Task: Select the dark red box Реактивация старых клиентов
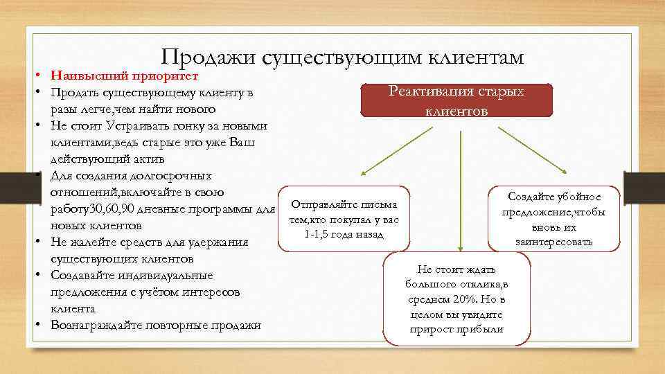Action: pyautogui.click(x=456, y=101)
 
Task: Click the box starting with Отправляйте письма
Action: pyautogui.click(x=344, y=218)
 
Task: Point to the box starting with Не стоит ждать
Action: pyautogui.click(x=456, y=298)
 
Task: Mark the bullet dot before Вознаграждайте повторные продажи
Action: pyautogui.click(x=42, y=325)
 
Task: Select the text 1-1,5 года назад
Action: pyautogui.click(x=344, y=233)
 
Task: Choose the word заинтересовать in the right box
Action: pyautogui.click(x=553, y=242)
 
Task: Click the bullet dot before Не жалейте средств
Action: pyautogui.click(x=42, y=242)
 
